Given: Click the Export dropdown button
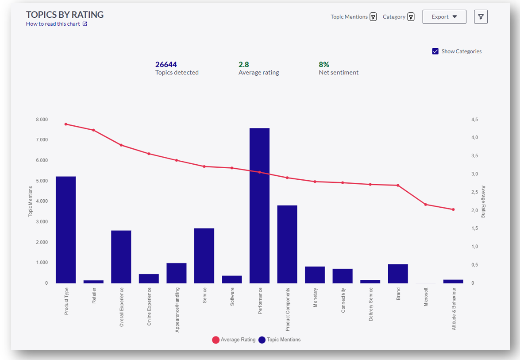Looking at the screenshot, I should pos(444,17).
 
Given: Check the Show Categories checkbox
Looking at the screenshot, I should pos(435,51).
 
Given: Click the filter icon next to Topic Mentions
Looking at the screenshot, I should pos(373,17).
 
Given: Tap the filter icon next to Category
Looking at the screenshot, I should pos(411,17).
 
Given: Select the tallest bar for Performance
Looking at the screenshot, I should pos(259,205).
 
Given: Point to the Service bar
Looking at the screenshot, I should pos(204,255).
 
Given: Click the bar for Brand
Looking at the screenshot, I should pos(398,274).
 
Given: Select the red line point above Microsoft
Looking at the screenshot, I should pos(425,205).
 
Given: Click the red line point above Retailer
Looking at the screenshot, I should pos(93,130).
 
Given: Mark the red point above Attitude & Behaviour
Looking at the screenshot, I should pos(453,209).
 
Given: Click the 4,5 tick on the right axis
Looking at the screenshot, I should pos(474,120).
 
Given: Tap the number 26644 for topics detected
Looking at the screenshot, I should pos(166,65).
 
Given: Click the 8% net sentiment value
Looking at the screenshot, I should pos(324,65).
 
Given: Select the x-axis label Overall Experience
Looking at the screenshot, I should pos(122,307).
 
